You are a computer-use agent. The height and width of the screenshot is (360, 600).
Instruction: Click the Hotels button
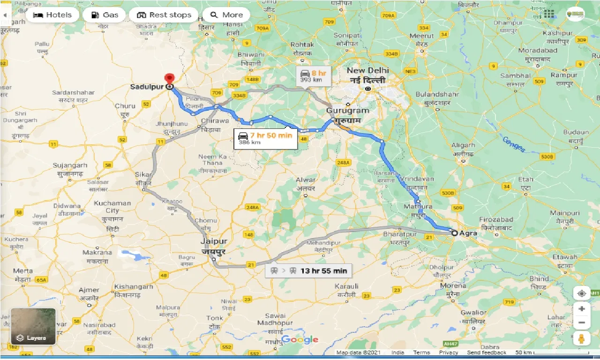(52, 15)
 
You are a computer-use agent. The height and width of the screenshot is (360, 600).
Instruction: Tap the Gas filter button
(104, 15)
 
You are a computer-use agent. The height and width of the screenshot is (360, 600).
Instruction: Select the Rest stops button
(164, 15)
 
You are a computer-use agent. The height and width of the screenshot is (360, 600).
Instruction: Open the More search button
(226, 15)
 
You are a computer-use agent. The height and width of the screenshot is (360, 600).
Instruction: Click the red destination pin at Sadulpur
(169, 79)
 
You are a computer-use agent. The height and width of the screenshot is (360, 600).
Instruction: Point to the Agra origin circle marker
(454, 232)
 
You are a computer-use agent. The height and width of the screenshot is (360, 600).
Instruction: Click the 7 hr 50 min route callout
(265, 138)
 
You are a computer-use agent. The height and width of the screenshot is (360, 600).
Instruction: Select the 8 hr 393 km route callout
(313, 75)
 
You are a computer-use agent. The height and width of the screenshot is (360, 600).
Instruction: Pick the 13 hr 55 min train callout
(308, 271)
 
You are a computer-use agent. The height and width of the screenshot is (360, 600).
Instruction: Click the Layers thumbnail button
(33, 326)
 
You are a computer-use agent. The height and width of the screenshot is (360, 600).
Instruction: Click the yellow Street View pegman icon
(581, 338)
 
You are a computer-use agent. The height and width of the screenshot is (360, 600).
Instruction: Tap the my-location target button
(581, 293)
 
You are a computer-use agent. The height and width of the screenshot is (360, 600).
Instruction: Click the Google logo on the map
(300, 340)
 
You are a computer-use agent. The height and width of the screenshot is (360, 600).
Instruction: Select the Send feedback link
(487, 352)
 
